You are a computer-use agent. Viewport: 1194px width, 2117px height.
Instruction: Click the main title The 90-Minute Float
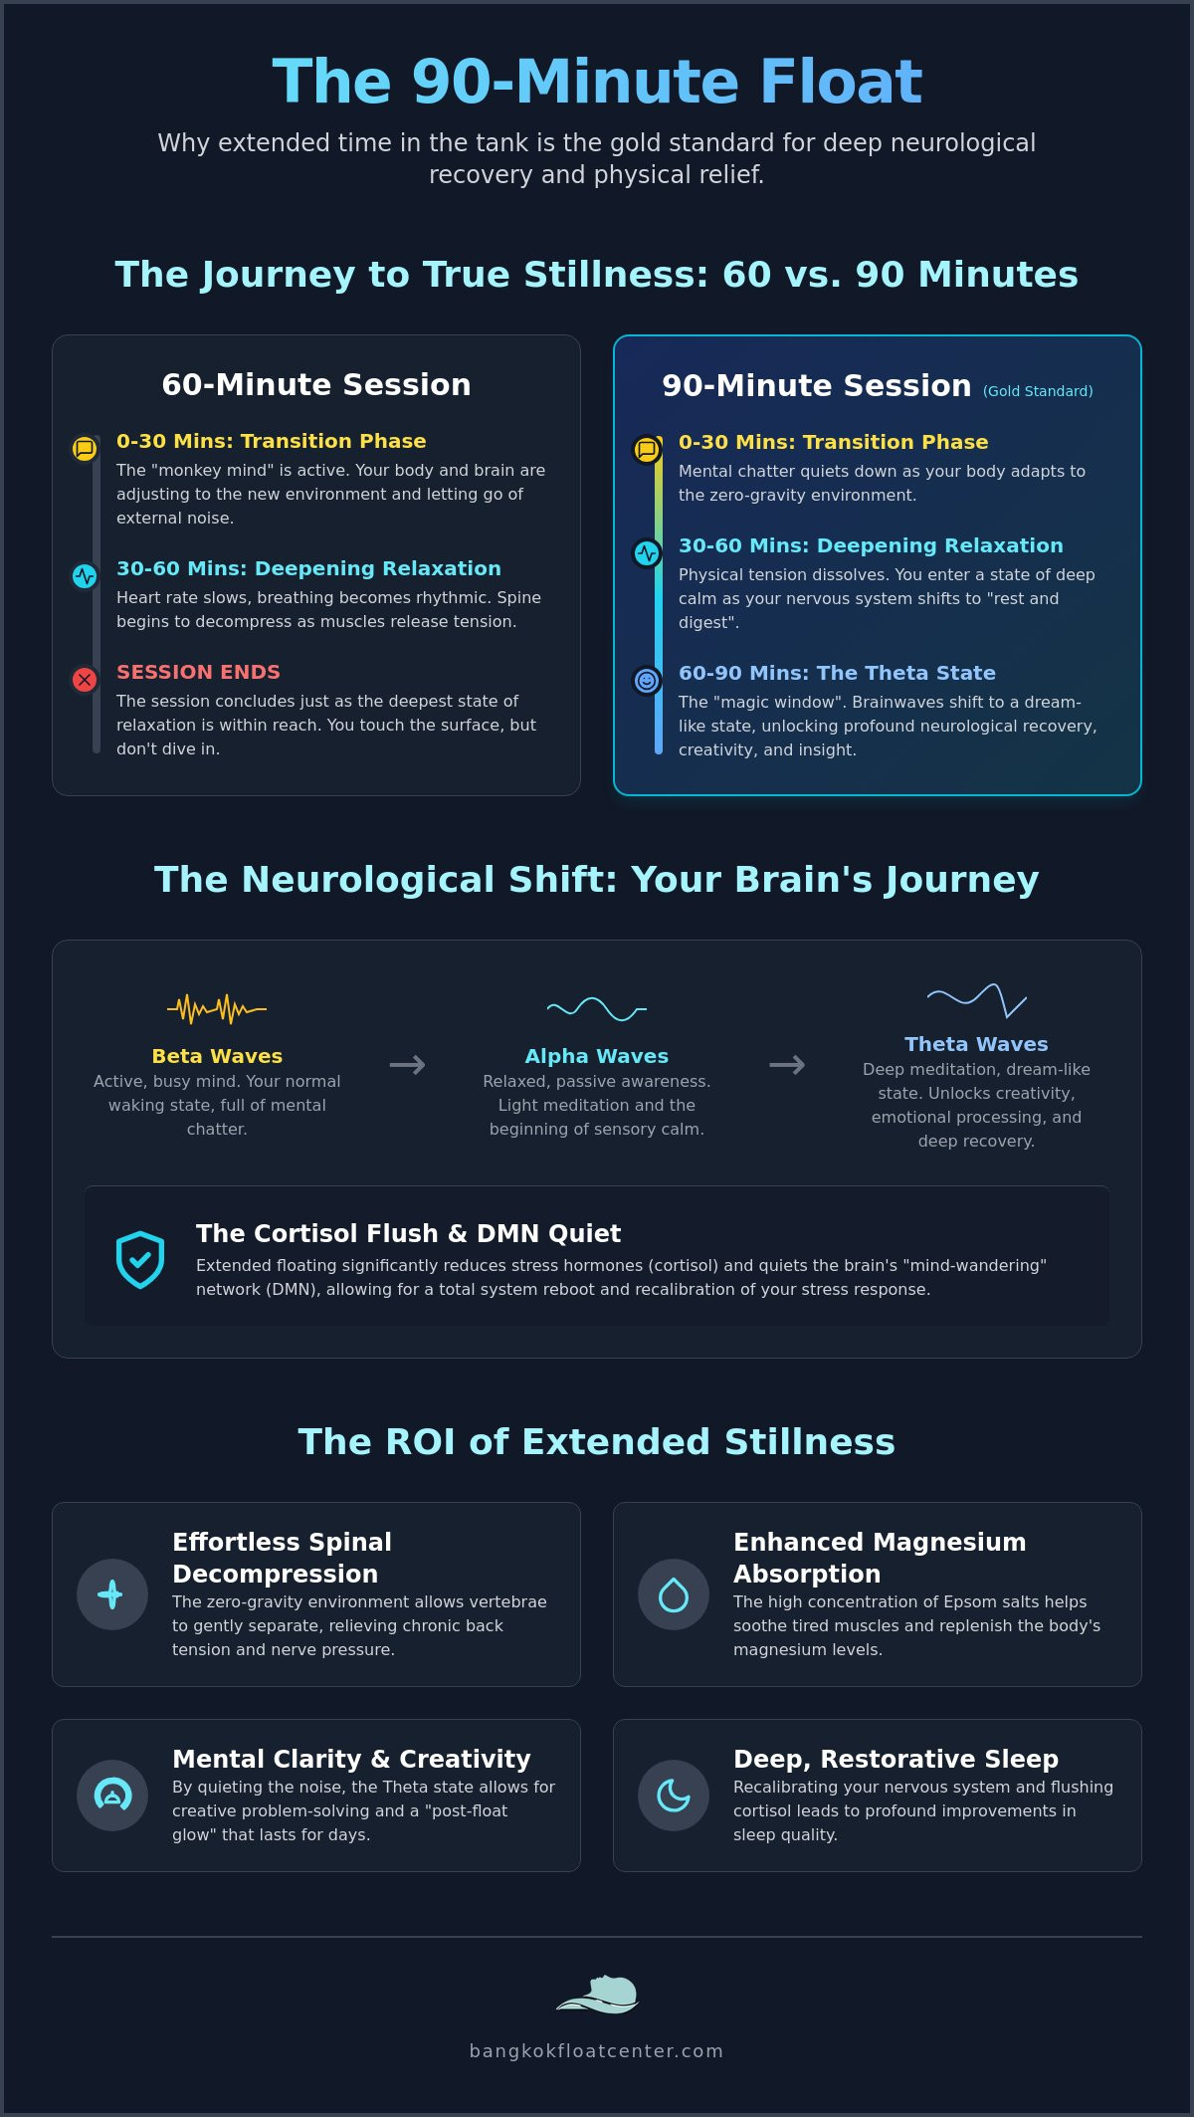pyautogui.click(x=597, y=81)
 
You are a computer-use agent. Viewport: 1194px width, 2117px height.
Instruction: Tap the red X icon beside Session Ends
pyautogui.click(x=85, y=680)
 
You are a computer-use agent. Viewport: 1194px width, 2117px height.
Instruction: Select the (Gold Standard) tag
pyautogui.click(x=1038, y=391)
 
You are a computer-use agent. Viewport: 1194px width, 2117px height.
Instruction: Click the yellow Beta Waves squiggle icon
pyautogui.click(x=217, y=1009)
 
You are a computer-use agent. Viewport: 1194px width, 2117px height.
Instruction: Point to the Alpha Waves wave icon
pyautogui.click(x=597, y=1009)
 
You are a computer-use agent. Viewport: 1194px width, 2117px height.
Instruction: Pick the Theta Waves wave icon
pyautogui.click(x=976, y=999)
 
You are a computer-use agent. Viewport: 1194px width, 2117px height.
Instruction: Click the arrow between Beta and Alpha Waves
pyautogui.click(x=407, y=1065)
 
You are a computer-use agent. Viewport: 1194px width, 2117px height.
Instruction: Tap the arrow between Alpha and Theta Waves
pyautogui.click(x=787, y=1065)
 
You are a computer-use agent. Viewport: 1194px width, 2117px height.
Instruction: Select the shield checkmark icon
pyautogui.click(x=140, y=1259)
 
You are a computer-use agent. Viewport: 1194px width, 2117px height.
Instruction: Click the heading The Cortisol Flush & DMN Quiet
pyautogui.click(x=408, y=1233)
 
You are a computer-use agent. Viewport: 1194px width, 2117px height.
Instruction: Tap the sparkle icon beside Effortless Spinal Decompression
pyautogui.click(x=112, y=1594)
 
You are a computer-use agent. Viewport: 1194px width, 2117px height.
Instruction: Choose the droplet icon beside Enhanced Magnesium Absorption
pyautogui.click(x=674, y=1594)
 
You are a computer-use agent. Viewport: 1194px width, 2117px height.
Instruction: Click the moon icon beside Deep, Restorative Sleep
pyautogui.click(x=674, y=1796)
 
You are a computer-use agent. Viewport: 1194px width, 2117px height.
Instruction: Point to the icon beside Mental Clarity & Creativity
pyautogui.click(x=112, y=1796)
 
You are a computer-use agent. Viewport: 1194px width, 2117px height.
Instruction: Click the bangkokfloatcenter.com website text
pyautogui.click(x=597, y=2051)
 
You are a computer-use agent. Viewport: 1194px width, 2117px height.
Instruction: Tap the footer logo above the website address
pyautogui.click(x=597, y=1995)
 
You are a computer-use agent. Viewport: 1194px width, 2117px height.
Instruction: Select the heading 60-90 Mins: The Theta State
pyautogui.click(x=837, y=673)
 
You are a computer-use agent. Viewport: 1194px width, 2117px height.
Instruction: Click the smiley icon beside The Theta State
pyautogui.click(x=647, y=681)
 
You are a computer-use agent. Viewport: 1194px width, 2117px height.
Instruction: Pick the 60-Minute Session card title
pyautogui.click(x=316, y=384)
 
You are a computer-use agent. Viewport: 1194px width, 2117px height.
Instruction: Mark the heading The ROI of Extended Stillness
pyautogui.click(x=597, y=1441)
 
